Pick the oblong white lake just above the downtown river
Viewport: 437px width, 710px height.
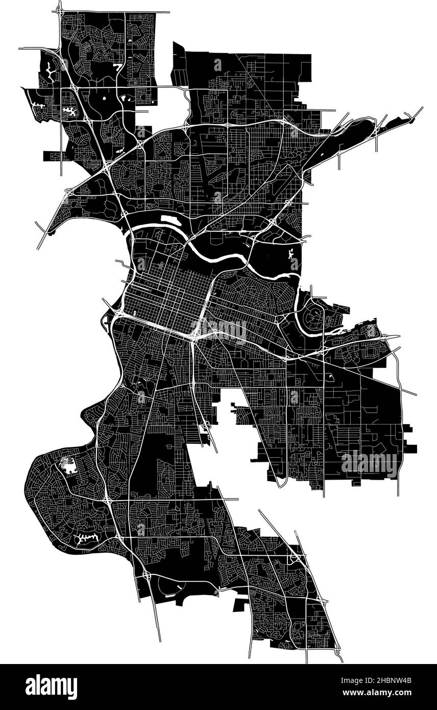(167, 220)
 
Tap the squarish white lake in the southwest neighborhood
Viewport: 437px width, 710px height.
(66, 465)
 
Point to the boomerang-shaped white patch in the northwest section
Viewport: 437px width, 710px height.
(119, 66)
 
